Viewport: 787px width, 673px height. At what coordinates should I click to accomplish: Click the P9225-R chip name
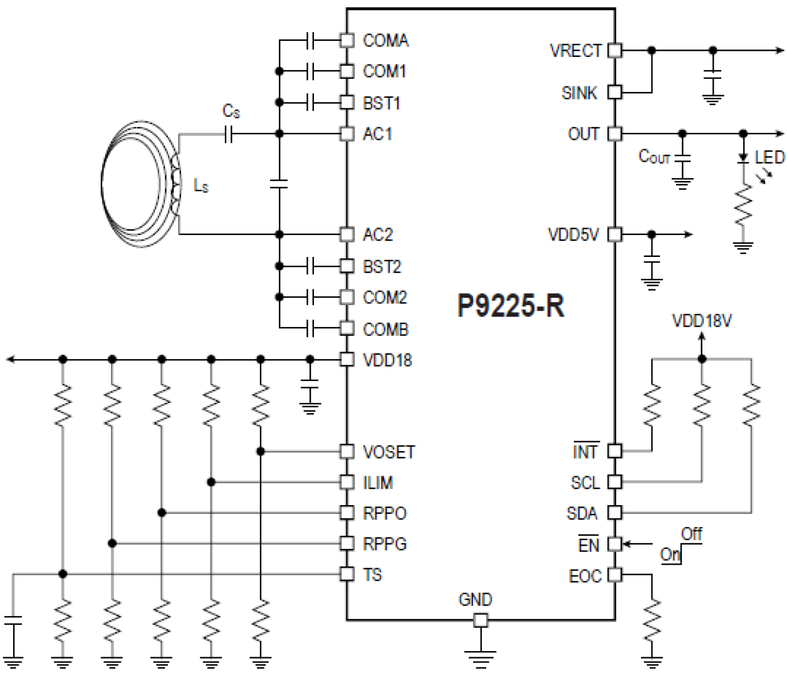coord(511,306)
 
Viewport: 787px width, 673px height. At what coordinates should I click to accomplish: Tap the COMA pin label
coord(385,41)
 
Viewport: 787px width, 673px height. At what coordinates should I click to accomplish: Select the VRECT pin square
coord(615,50)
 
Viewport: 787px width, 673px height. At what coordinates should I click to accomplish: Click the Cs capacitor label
coord(231,112)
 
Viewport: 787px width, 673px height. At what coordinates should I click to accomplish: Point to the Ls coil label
coord(201,186)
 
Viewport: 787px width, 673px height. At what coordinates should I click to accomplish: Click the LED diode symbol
coord(743,158)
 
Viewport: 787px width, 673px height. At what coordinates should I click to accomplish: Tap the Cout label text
coord(654,157)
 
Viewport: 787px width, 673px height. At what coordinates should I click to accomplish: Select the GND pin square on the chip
coord(480,620)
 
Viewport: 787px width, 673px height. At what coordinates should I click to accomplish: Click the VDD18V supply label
coord(702,321)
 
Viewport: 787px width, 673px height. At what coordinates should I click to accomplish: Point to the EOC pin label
coord(585,576)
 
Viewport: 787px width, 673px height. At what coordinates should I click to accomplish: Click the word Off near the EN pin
coord(692,534)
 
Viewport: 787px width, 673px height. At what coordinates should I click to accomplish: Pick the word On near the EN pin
coord(669,554)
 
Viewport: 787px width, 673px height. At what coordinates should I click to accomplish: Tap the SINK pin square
coord(615,92)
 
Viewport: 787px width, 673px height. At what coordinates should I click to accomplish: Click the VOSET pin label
coord(388,452)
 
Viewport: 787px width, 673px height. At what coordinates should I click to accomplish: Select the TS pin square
coord(347,574)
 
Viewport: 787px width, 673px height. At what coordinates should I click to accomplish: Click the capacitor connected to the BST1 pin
coord(310,102)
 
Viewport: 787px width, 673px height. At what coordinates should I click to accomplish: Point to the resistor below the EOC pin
coord(652,620)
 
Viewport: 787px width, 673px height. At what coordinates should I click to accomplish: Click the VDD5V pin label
coord(573,235)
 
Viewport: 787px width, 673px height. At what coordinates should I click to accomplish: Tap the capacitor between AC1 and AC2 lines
coord(279,184)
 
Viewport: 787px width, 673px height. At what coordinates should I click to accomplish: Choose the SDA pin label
coord(581,513)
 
